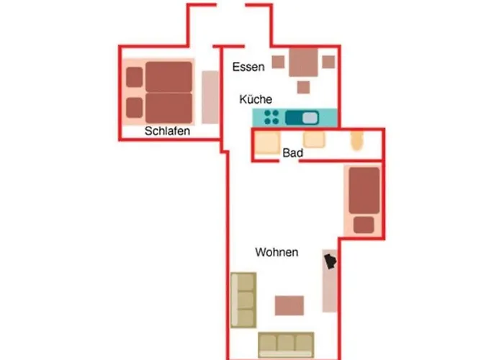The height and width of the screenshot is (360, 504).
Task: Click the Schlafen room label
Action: pyautogui.click(x=167, y=131)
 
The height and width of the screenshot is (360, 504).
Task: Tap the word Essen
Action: pyautogui.click(x=248, y=67)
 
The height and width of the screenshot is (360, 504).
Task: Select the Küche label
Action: pyautogui.click(x=256, y=99)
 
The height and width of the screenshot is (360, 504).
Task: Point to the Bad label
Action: pyautogui.click(x=292, y=153)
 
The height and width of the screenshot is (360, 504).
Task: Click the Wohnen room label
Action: pyautogui.click(x=276, y=252)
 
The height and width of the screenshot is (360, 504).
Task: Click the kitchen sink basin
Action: pyautogui.click(x=310, y=118)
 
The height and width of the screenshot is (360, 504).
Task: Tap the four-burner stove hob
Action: pyautogui.click(x=271, y=117)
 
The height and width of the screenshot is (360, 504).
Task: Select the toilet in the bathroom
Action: pyautogui.click(x=356, y=140)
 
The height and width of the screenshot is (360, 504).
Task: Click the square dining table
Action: pyautogui.click(x=303, y=63)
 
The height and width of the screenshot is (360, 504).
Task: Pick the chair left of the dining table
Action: pyautogui.click(x=279, y=62)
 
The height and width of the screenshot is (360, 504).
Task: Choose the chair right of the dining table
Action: pyautogui.click(x=328, y=62)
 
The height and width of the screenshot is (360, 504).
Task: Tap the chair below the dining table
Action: pyautogui.click(x=303, y=87)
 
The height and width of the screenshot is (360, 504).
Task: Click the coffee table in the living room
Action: pyautogui.click(x=289, y=305)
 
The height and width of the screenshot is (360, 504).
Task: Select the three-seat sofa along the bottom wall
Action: pyautogui.click(x=286, y=345)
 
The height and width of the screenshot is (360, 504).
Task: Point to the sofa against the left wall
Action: pyautogui.click(x=243, y=300)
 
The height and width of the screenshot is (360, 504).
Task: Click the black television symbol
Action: pyautogui.click(x=330, y=261)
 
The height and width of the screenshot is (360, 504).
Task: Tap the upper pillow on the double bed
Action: pyautogui.click(x=135, y=77)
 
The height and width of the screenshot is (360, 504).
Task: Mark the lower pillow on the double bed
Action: pyautogui.click(x=135, y=107)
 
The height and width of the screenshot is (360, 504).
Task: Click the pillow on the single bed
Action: pyautogui.click(x=364, y=225)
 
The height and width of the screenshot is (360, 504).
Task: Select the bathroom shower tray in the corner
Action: pyautogui.click(x=267, y=143)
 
